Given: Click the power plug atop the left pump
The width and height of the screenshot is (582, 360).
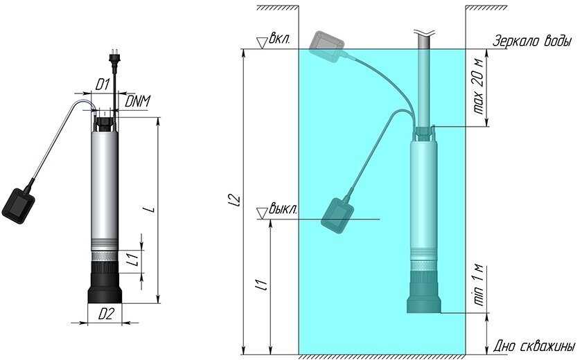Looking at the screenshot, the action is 114,60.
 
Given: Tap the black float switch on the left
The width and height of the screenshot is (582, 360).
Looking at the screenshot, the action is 18,206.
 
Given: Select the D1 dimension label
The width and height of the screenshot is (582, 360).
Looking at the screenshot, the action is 102,84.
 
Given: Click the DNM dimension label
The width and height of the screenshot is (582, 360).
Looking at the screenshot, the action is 137,101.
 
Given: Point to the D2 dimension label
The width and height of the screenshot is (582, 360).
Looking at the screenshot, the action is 105,314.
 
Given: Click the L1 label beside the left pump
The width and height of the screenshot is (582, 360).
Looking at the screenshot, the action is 136,258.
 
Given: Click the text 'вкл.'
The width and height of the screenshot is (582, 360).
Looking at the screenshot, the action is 279,39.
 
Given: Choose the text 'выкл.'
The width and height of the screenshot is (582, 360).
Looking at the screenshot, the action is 283,209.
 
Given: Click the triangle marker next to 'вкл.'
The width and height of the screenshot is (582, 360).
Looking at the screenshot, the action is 263,43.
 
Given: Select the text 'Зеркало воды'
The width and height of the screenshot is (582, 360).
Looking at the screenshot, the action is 531,41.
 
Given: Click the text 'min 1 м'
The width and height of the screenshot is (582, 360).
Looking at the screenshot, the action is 479,285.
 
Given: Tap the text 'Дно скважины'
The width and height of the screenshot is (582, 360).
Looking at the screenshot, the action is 534,346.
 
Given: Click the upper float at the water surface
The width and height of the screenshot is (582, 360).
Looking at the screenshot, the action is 326,46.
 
